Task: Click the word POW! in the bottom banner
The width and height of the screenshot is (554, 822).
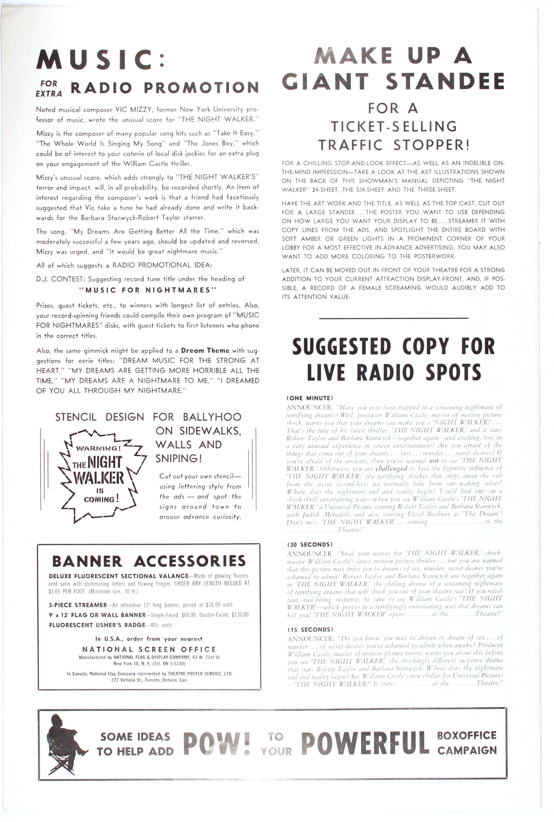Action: tap(217, 743)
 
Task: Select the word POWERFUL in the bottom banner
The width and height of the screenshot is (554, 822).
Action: tap(365, 743)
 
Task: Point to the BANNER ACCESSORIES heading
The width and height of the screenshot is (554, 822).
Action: tap(149, 561)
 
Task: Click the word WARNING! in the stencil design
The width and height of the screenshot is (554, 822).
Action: tap(98, 448)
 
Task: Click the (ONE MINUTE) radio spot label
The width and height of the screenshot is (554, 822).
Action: tap(310, 398)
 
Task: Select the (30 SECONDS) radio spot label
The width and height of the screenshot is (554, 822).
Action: tap(309, 544)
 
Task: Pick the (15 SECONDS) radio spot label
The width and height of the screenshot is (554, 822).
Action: tap(309, 629)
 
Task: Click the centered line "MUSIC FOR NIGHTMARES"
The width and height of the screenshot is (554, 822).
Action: tap(148, 290)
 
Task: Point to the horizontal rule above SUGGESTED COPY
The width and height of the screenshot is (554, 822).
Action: tap(393, 318)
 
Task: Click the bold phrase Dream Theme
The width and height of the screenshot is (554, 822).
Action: tap(205, 351)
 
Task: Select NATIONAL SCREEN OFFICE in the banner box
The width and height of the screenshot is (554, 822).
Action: tap(149, 649)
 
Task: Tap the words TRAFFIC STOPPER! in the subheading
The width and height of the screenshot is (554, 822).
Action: tap(393, 145)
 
